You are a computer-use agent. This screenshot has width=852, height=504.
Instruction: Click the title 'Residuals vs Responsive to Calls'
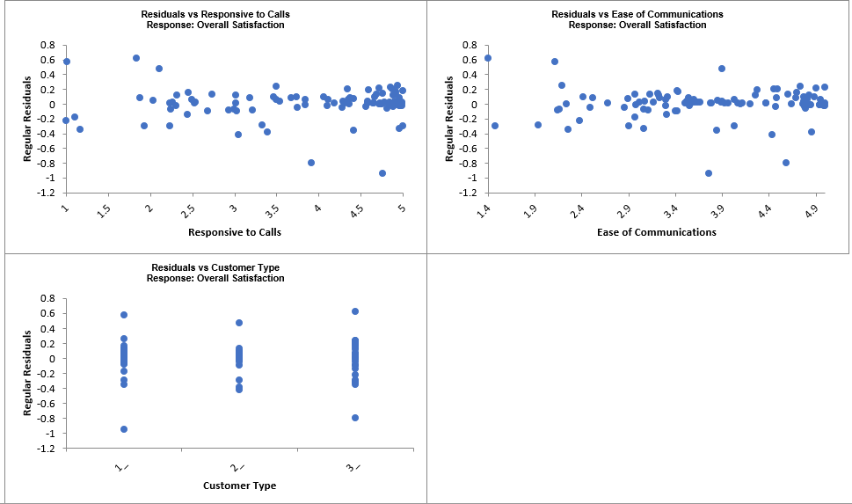[x=215, y=14]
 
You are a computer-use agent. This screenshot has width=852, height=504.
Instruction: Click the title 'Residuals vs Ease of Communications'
[x=637, y=14]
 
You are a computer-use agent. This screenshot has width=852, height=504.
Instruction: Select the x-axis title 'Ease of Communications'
[x=657, y=232]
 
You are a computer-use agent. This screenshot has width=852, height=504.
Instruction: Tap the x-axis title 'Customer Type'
[x=239, y=486]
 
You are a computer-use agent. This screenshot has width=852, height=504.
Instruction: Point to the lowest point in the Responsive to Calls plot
[x=382, y=173]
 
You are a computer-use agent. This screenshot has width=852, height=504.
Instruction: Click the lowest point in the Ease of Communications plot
[x=709, y=173]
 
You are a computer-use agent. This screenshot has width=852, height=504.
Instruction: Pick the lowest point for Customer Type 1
[x=124, y=429]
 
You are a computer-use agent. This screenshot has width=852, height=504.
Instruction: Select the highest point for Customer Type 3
[x=355, y=311]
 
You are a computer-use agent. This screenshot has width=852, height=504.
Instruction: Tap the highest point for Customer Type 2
[x=239, y=323]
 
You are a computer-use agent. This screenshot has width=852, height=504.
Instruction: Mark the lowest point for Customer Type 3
[x=355, y=418]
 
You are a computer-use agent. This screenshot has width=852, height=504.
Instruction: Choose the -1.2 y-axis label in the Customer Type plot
[x=46, y=449]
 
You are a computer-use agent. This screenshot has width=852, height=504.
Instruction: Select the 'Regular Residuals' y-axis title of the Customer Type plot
[x=28, y=373]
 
